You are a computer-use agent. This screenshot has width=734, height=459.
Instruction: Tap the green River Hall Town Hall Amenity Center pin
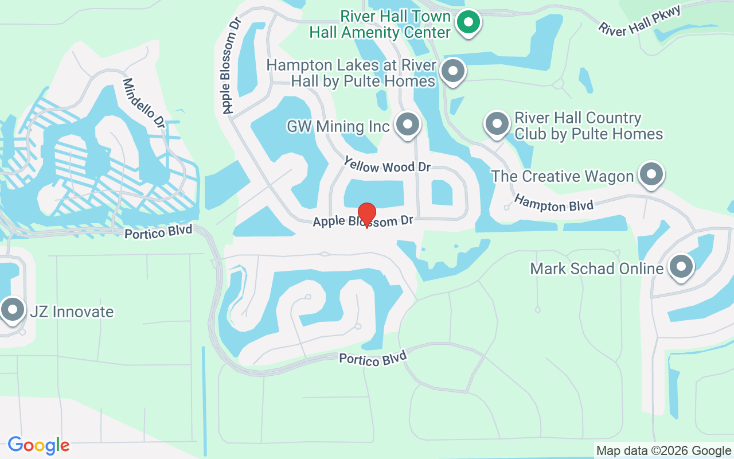click(x=468, y=23)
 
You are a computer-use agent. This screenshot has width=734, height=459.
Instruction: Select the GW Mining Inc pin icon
click(x=408, y=123)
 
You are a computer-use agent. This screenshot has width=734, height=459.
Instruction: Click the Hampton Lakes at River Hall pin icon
click(x=454, y=72)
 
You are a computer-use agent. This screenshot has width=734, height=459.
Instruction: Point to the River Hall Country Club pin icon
click(x=497, y=124)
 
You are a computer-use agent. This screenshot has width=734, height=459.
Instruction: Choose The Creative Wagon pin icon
click(x=651, y=174)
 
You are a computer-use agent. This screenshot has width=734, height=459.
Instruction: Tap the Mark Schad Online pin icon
click(x=681, y=267)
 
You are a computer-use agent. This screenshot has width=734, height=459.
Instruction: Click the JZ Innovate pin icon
click(x=12, y=310)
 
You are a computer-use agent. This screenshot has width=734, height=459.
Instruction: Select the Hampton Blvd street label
click(x=553, y=203)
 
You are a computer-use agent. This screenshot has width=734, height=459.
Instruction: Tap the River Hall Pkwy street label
click(x=639, y=21)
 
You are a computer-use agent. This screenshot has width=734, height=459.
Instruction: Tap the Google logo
click(x=38, y=445)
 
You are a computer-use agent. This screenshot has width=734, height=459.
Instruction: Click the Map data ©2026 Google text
click(x=663, y=451)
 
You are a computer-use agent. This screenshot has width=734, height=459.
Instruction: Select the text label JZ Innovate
click(x=71, y=312)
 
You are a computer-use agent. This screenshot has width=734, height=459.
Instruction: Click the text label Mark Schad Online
click(x=596, y=269)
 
